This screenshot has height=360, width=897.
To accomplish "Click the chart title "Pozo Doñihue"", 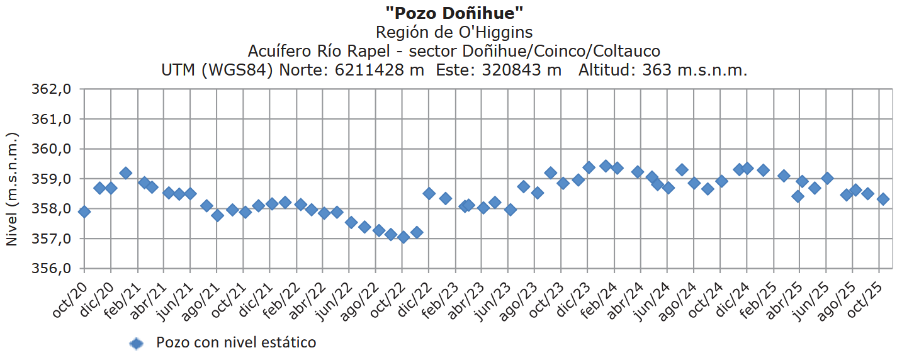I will (454, 13).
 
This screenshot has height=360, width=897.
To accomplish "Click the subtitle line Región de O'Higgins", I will (454, 32).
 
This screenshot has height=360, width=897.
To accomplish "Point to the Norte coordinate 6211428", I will (380, 70).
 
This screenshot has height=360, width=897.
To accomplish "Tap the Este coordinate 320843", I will (521, 70).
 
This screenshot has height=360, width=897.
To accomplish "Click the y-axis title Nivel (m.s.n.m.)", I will (11, 189).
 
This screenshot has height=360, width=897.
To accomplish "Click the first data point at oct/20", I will (84, 211).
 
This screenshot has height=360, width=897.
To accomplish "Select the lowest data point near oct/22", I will (403, 237).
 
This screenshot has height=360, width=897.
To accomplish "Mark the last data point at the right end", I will (883, 199).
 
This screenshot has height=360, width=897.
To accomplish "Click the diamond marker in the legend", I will (137, 344).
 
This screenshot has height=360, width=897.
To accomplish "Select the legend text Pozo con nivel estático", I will (236, 343).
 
